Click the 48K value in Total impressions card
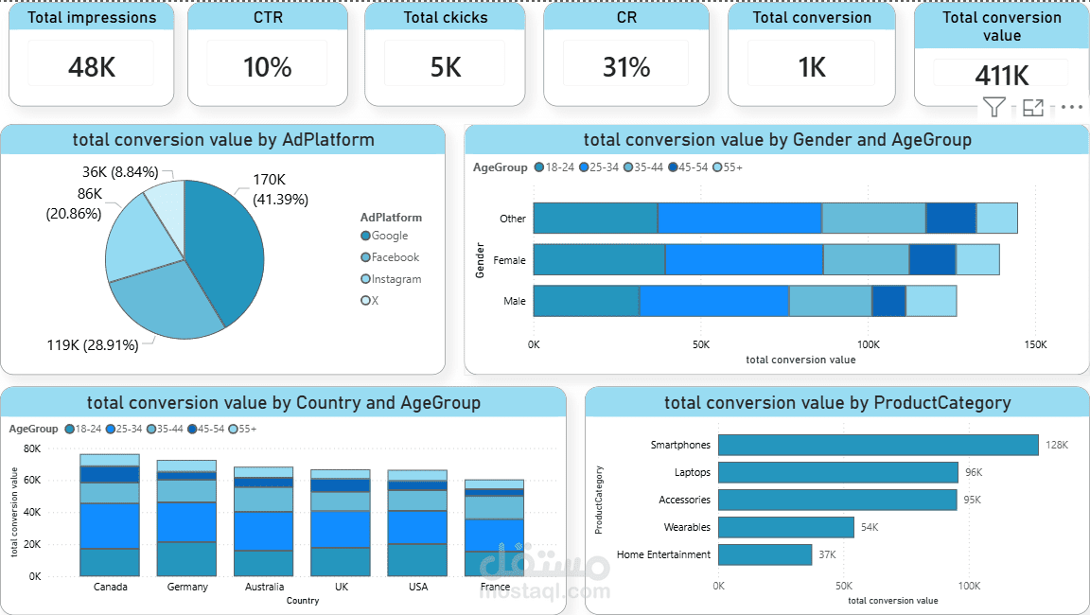coord(92,67)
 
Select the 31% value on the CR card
coord(626,67)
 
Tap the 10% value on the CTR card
coord(268,67)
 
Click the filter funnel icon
coord(993,107)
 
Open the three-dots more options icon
coord(1071,107)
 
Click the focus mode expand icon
coord(1032,107)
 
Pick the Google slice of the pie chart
coord(224,246)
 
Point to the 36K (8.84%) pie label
coord(120,172)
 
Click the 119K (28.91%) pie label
coord(93,345)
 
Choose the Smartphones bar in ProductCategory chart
coord(877,445)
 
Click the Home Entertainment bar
coord(765,554)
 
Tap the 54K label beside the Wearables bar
coord(869,527)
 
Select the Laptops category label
coord(692,472)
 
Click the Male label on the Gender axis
coord(515,301)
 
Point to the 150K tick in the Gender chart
coord(1035,345)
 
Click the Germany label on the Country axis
coord(187,587)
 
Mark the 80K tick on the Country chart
coord(32,448)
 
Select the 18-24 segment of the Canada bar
coord(110,562)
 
